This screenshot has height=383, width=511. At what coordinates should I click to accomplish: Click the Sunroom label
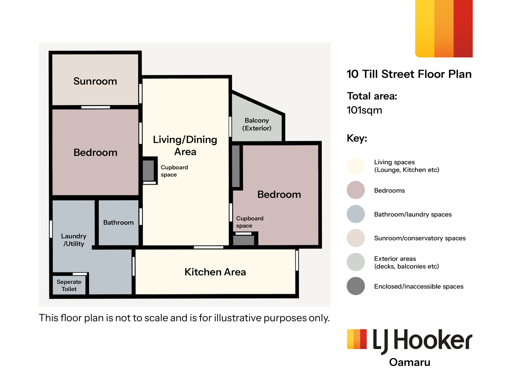(95, 81)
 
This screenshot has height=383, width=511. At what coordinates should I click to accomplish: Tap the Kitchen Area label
(215, 272)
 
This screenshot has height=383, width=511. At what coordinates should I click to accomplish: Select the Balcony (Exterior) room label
(257, 124)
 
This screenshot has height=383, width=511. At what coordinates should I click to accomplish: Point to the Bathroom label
(118, 222)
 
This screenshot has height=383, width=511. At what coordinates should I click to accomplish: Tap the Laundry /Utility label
(74, 240)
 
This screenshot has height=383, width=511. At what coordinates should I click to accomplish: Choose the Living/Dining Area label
(185, 145)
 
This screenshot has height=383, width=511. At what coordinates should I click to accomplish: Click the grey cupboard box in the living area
(149, 170)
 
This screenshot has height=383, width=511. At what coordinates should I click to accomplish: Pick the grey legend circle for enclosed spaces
(356, 286)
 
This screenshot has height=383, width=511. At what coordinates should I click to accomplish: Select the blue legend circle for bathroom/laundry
(356, 214)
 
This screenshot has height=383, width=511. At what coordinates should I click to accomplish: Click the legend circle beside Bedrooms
(356, 190)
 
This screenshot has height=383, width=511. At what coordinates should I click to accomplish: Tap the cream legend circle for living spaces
(356, 166)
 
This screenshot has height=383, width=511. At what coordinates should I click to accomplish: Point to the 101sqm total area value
(364, 110)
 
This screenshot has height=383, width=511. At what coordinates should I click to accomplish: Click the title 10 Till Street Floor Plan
(409, 74)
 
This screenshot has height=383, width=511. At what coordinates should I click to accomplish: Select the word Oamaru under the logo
(410, 362)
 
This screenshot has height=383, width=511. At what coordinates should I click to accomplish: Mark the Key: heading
(357, 138)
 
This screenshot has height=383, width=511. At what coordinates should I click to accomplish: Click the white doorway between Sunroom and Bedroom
(96, 107)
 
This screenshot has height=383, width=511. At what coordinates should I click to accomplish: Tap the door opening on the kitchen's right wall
(297, 261)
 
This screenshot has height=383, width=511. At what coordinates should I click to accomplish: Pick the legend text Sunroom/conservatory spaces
(420, 238)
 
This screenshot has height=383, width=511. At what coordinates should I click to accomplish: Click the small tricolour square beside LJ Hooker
(357, 339)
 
